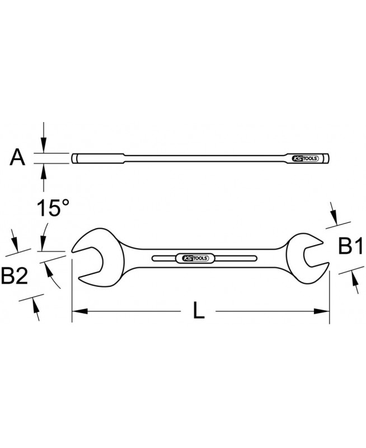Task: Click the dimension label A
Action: coord(17,158)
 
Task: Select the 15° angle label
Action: coord(53,207)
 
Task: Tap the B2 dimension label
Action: coord(15,275)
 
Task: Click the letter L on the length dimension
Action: coord(199,311)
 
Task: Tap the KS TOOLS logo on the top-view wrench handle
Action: coord(195,258)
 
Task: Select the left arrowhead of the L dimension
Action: coord(79,311)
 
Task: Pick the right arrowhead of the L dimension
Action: coord(322,311)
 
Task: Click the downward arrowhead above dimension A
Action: coord(43,145)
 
